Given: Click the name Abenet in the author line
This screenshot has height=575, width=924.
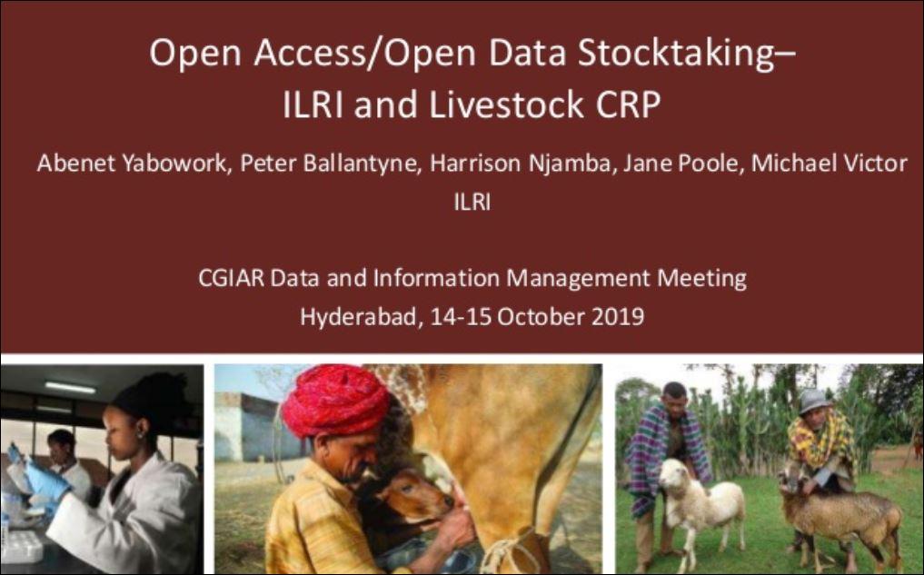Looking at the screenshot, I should tap(71, 164).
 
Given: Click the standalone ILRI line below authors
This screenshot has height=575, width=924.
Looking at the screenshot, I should tap(472, 203).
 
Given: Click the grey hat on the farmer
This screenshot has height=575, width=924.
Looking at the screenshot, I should tap(813, 401).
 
